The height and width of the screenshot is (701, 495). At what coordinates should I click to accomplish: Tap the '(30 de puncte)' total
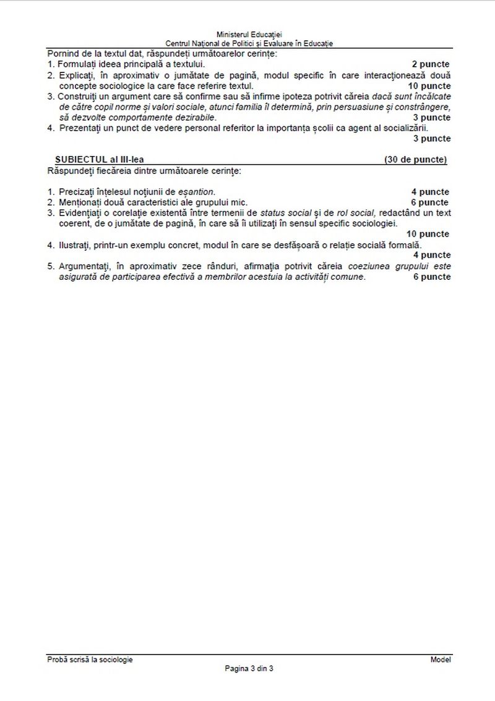pos(415,159)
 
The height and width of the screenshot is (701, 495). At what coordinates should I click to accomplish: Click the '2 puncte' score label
pos(431,64)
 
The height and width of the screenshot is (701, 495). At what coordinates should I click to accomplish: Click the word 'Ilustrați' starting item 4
pos(75,245)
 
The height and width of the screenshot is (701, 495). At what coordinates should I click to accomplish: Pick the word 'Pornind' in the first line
pos(62,53)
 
